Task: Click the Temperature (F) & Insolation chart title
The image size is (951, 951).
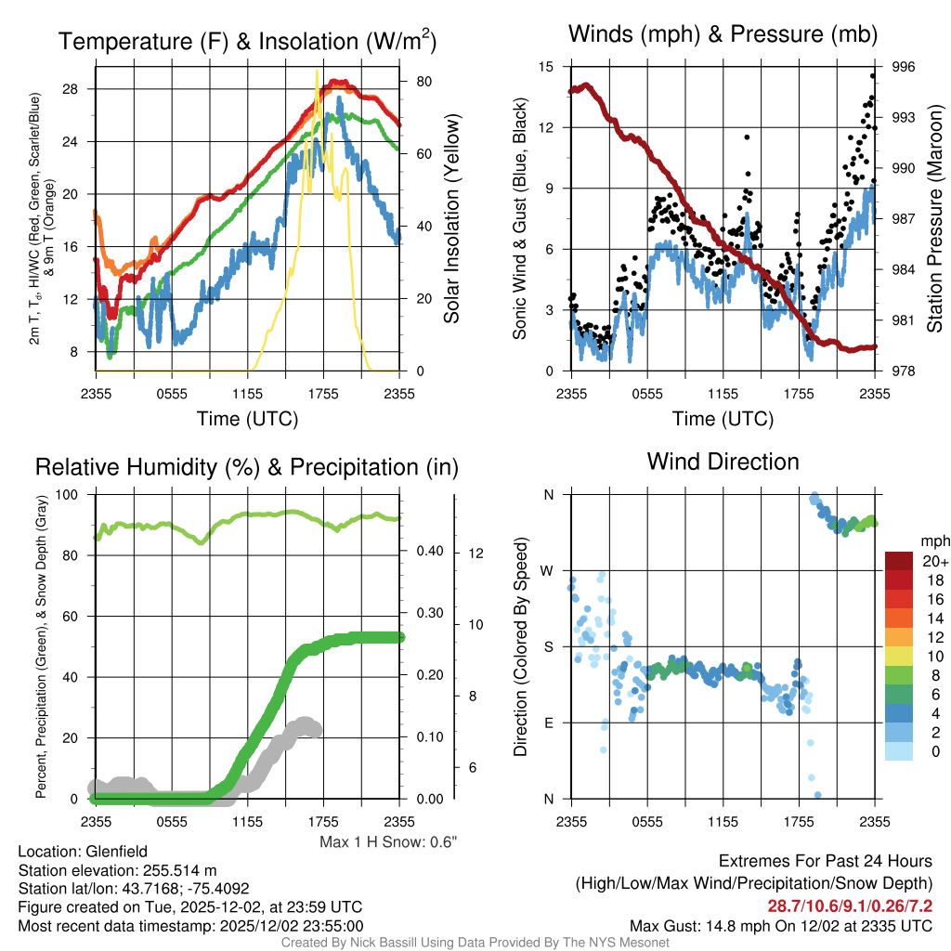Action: (x=247, y=41)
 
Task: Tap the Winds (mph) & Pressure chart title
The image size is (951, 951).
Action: (x=723, y=34)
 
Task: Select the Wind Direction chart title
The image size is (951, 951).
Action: (x=723, y=461)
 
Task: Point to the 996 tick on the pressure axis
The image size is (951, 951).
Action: (x=904, y=67)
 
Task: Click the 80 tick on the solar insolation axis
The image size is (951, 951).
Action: (x=423, y=82)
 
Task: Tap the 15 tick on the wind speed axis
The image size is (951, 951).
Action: (x=546, y=67)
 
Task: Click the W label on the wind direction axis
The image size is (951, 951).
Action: (x=547, y=570)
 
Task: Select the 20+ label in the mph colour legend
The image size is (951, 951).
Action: (x=935, y=561)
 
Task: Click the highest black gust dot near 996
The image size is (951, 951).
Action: (x=873, y=76)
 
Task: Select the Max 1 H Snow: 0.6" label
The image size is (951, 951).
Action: (x=388, y=842)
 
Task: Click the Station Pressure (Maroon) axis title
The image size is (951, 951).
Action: (x=935, y=219)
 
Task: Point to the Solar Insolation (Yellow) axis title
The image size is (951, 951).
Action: (x=452, y=219)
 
